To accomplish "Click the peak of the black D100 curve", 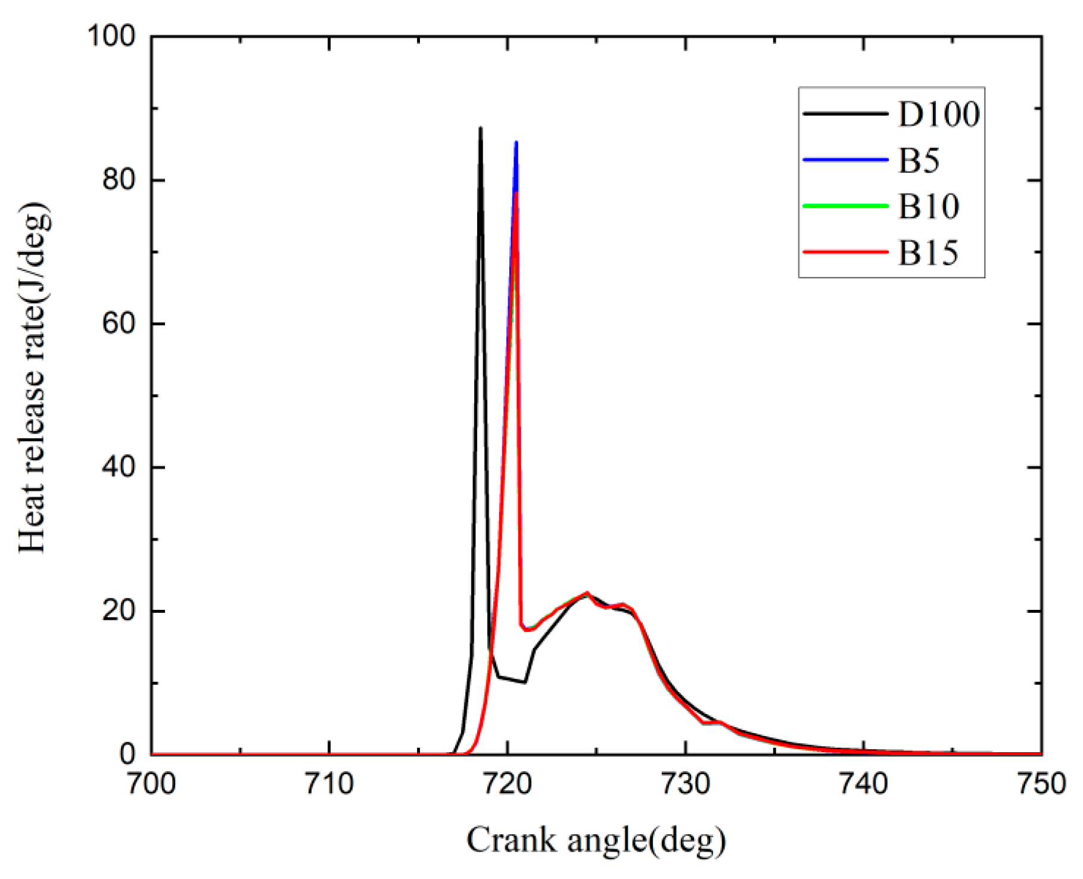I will [481, 129].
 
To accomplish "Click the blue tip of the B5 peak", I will [516, 144].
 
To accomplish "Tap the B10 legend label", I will [928, 206].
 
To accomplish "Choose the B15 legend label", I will [928, 253].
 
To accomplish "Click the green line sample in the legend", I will [845, 206].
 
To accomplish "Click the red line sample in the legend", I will [845, 252].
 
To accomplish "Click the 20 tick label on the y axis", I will [119, 611].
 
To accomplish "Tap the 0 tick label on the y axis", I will [127, 754].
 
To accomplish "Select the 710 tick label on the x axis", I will [329, 784].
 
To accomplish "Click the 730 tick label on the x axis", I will [686, 784].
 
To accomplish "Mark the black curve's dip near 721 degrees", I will [524, 682].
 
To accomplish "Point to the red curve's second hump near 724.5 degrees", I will [587, 593].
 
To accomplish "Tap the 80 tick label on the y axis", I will [119, 180].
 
